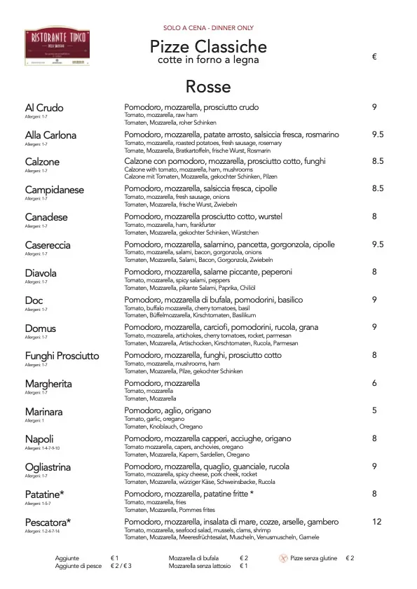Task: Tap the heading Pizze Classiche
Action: [x=208, y=47]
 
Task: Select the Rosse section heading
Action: [x=208, y=87]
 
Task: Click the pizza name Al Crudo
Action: [x=44, y=108]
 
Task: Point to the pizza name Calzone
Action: [x=42, y=162]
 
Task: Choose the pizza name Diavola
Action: [x=41, y=273]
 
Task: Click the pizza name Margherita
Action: [x=48, y=384]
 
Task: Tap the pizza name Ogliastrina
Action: [x=49, y=466]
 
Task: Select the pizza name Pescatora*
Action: [x=48, y=522]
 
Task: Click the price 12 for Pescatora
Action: [x=377, y=522]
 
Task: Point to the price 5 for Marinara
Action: [x=375, y=411]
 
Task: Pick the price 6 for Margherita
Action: [x=375, y=384]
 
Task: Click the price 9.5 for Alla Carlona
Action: [x=378, y=135]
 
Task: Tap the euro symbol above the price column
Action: [x=375, y=57]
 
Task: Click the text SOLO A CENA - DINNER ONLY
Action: [x=208, y=28]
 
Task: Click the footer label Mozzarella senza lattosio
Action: [x=200, y=566]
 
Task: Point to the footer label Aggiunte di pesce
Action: [x=78, y=566]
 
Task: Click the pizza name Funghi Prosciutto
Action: [x=62, y=356]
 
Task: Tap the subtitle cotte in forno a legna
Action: [x=208, y=60]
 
